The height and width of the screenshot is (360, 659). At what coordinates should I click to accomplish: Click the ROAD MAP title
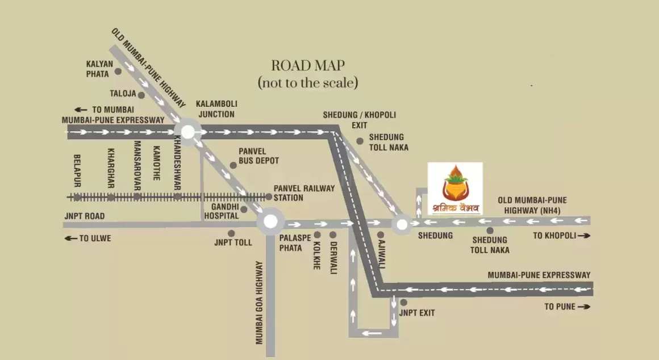click(308, 65)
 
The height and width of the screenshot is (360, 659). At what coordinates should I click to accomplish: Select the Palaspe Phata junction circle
click(270, 222)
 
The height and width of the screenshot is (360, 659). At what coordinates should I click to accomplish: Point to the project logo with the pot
click(455, 189)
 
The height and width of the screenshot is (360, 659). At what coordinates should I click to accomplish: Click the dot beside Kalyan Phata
click(118, 72)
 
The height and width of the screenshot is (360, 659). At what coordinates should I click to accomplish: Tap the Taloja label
click(123, 94)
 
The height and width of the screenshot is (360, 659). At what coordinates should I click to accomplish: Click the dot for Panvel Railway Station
click(268, 196)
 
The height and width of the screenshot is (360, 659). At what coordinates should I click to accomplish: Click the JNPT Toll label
click(233, 242)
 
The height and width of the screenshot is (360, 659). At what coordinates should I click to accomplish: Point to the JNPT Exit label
click(417, 313)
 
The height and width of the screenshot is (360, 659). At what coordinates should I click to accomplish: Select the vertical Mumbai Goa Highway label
click(260, 302)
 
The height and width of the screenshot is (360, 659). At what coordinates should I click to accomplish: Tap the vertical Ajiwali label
click(382, 255)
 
